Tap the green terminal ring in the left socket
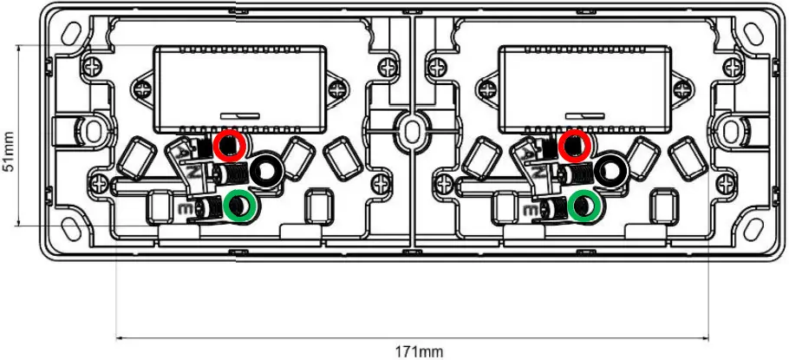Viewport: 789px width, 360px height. [239, 206]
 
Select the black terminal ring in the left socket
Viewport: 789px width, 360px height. [265, 168]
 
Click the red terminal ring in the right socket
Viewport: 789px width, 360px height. [574, 146]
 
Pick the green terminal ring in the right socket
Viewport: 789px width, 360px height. [586, 206]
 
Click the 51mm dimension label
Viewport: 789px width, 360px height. [10, 151]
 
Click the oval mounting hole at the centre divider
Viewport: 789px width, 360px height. [408, 127]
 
